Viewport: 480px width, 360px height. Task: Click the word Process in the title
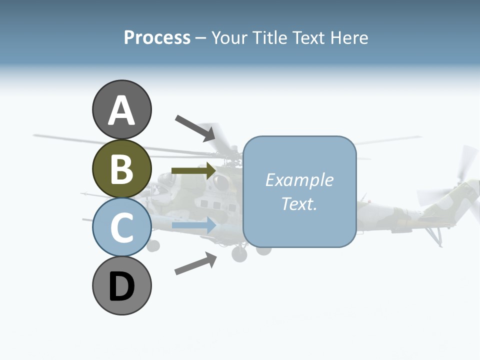click(157, 38)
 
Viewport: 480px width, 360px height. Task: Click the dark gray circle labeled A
click(121, 110)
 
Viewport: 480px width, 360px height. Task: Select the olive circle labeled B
click(121, 169)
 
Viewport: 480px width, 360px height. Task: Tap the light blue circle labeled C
click(121, 227)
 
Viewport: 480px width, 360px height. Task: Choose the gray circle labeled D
click(121, 286)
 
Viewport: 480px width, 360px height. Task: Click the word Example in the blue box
click(299, 180)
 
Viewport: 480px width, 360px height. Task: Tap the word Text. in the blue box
click(299, 203)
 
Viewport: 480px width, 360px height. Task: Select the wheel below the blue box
click(263, 249)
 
